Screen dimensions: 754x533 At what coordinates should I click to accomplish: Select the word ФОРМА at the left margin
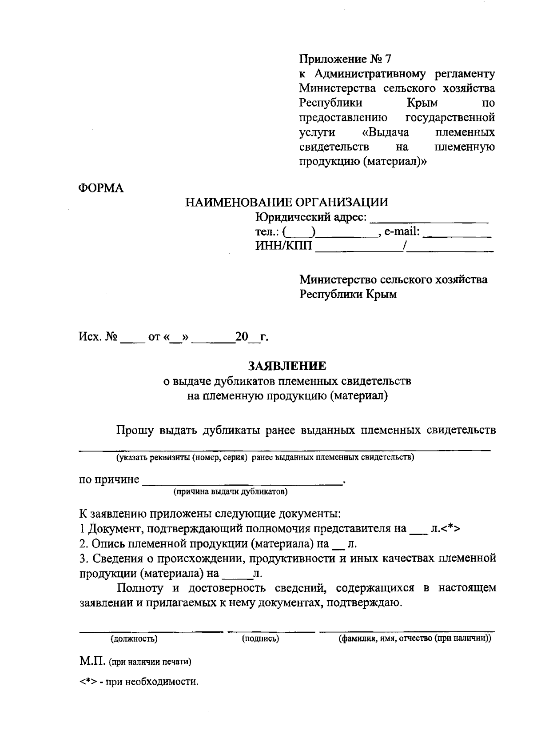coord(101,188)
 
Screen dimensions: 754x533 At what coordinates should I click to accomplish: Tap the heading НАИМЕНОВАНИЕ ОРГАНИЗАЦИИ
coord(286,203)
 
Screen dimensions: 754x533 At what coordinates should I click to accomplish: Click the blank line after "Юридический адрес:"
coord(429,219)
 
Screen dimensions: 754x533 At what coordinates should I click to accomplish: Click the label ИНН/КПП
coord(283,246)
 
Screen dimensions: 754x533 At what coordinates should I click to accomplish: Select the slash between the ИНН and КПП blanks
coord(405,246)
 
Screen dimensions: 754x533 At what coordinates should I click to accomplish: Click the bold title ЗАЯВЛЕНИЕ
coord(286,366)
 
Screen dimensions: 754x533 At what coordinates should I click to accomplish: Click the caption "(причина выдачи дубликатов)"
coord(231,492)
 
